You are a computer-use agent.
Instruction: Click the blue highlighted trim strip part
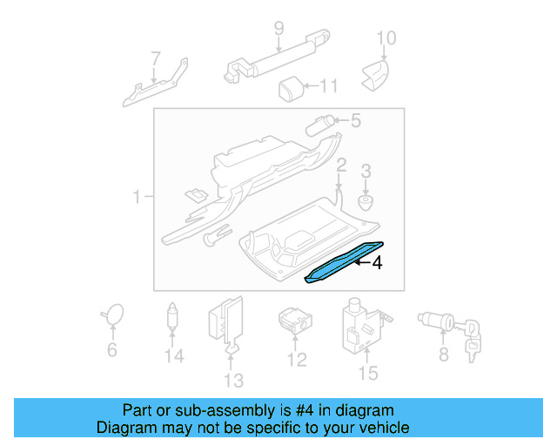(x=344, y=261)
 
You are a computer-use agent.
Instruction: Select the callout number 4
(x=377, y=262)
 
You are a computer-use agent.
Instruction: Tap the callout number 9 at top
(x=278, y=29)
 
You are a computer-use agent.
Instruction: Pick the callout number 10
(x=386, y=37)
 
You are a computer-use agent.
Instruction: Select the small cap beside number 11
(x=290, y=87)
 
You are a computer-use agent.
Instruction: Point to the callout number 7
(x=156, y=59)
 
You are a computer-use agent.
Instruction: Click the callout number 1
(x=137, y=199)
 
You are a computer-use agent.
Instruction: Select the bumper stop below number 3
(x=366, y=206)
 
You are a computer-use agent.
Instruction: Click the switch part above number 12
(x=293, y=321)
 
